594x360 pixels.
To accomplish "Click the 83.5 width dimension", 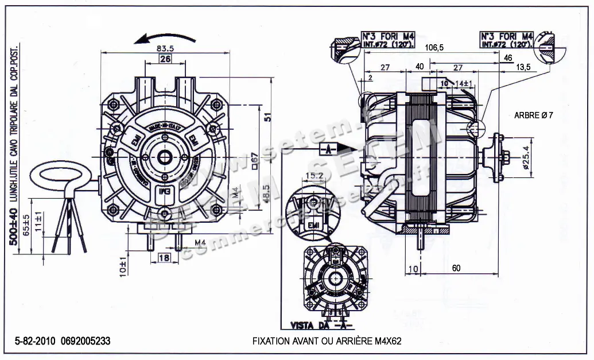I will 166,49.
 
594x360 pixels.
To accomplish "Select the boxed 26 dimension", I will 165,59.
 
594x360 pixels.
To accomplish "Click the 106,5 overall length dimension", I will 433,48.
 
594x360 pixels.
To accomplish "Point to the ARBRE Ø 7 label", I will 534,115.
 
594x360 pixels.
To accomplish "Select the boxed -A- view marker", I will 327,150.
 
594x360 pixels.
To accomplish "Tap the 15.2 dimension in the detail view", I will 315,175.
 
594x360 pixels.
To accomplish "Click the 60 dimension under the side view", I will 456,268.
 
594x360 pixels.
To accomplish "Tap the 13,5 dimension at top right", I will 523,67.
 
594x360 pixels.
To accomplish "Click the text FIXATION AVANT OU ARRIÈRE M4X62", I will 327,341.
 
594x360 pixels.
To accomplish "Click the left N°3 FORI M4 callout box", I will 389,39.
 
